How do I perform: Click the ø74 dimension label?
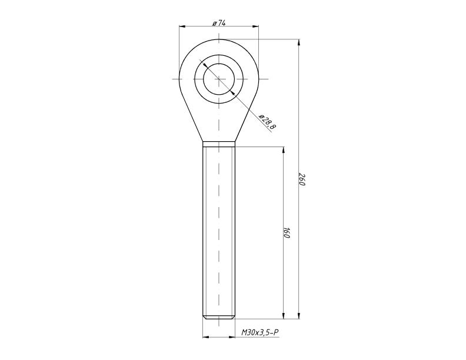pyautogui.click(x=219, y=23)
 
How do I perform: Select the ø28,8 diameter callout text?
pyautogui.click(x=268, y=122)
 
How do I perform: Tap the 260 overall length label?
pyautogui.click(x=302, y=179)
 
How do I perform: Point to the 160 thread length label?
pyautogui.click(x=286, y=232)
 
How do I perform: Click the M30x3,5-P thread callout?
pyautogui.click(x=259, y=333)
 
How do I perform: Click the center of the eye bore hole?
pyautogui.click(x=219, y=79)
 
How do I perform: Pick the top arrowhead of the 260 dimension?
pyautogui.click(x=299, y=42)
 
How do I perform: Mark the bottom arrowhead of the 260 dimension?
pyautogui.click(x=299, y=316)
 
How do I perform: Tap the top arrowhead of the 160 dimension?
pyautogui.click(x=283, y=149)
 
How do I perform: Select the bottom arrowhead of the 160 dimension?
pyautogui.click(x=283, y=316)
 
